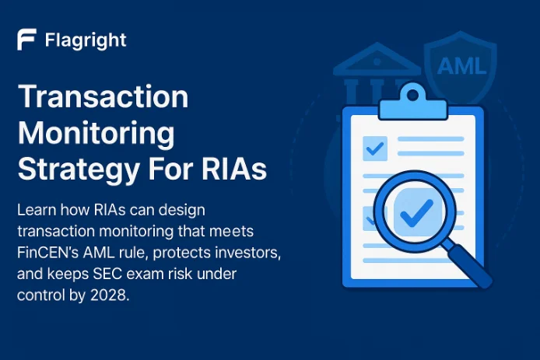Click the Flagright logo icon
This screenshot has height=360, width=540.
pos(27,40)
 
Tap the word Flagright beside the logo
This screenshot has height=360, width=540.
pos(85,40)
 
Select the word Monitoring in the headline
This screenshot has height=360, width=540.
pos(96,133)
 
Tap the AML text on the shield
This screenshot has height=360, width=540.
pos(459,65)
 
